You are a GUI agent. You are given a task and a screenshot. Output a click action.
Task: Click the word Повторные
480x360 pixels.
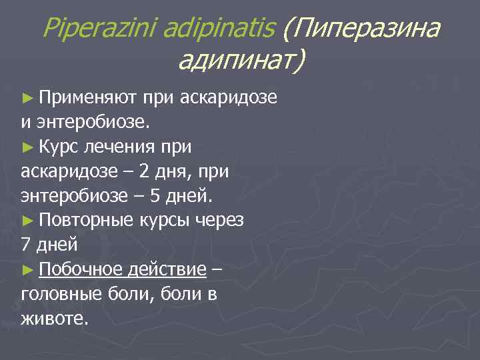click(x=87, y=221)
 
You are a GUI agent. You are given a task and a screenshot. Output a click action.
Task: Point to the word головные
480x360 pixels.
click(x=58, y=294)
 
